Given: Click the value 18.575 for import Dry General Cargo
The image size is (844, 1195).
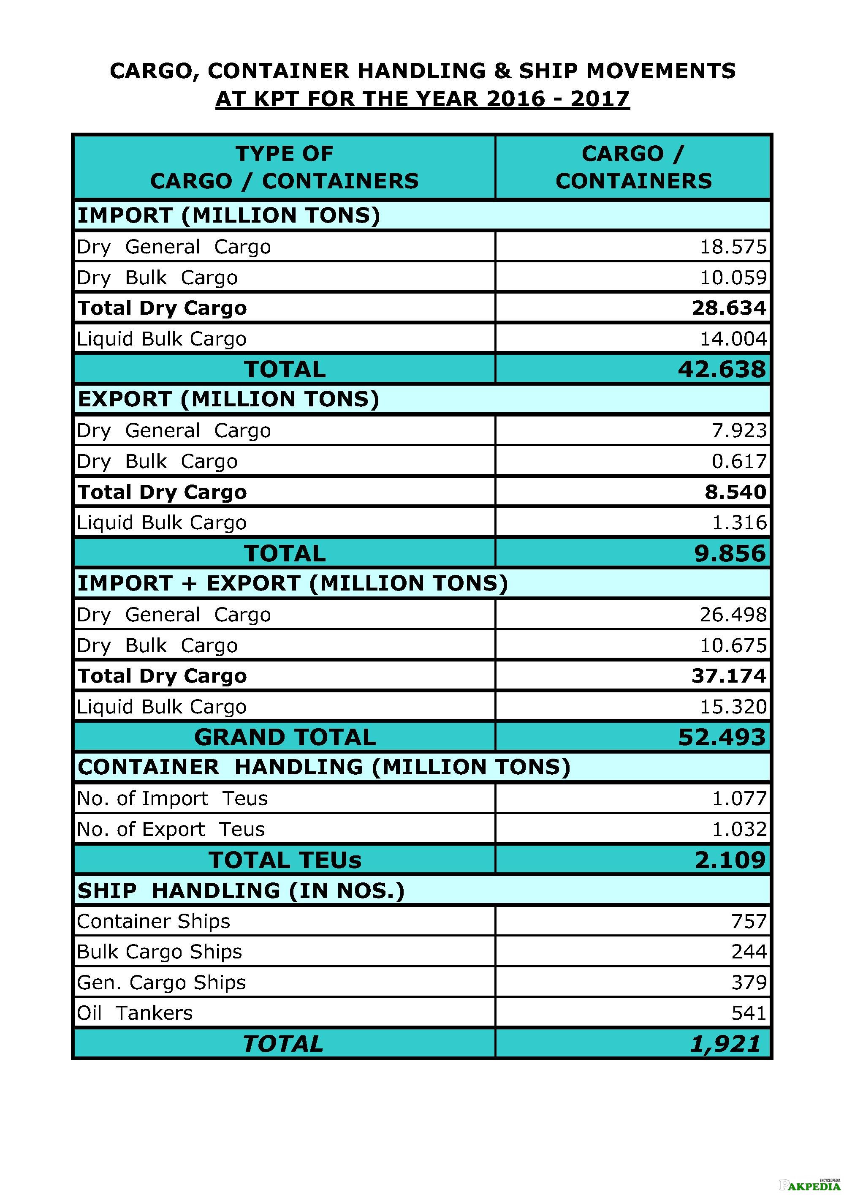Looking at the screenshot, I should tap(733, 247).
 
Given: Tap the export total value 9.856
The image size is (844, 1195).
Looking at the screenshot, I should tap(730, 553).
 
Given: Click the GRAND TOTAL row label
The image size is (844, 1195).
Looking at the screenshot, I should tap(285, 737).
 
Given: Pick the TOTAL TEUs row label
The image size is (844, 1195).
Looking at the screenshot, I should tap(285, 860).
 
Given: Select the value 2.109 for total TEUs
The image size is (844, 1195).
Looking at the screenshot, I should tap(730, 860).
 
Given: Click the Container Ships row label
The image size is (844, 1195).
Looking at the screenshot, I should tap(154, 921).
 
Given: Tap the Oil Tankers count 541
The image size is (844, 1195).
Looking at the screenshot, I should tap(749, 1013).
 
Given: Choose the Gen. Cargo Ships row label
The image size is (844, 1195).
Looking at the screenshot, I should tap(161, 982).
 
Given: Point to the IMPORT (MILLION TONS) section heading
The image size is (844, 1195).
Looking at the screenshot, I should tap(229, 215).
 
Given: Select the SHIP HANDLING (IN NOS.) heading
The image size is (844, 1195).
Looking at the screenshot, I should tap(241, 890).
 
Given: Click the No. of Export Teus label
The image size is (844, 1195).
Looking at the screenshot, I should tap(171, 829).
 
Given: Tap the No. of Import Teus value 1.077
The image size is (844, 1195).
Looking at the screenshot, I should tap(739, 798).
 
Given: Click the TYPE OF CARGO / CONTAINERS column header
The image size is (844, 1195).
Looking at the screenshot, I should tap(285, 167).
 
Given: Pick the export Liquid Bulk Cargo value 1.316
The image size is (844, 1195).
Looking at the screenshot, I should tap(739, 522).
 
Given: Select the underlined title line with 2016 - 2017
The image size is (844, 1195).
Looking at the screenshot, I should tap(423, 98).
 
